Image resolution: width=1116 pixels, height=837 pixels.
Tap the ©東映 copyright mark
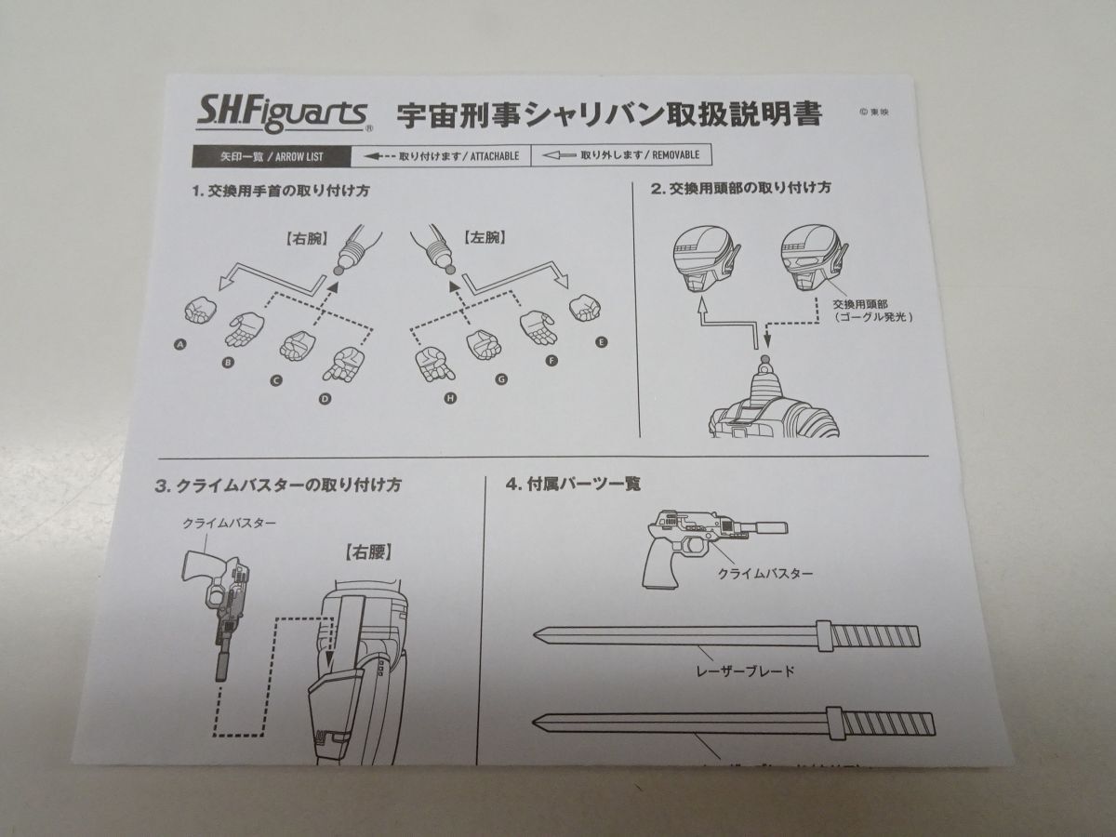coord(870,113)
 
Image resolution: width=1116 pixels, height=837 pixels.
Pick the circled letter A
coord(179,345)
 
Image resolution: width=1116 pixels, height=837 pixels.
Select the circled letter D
coord(325,399)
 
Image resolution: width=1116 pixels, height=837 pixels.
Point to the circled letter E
coord(602,342)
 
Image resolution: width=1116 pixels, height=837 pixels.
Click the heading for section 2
coord(740,188)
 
